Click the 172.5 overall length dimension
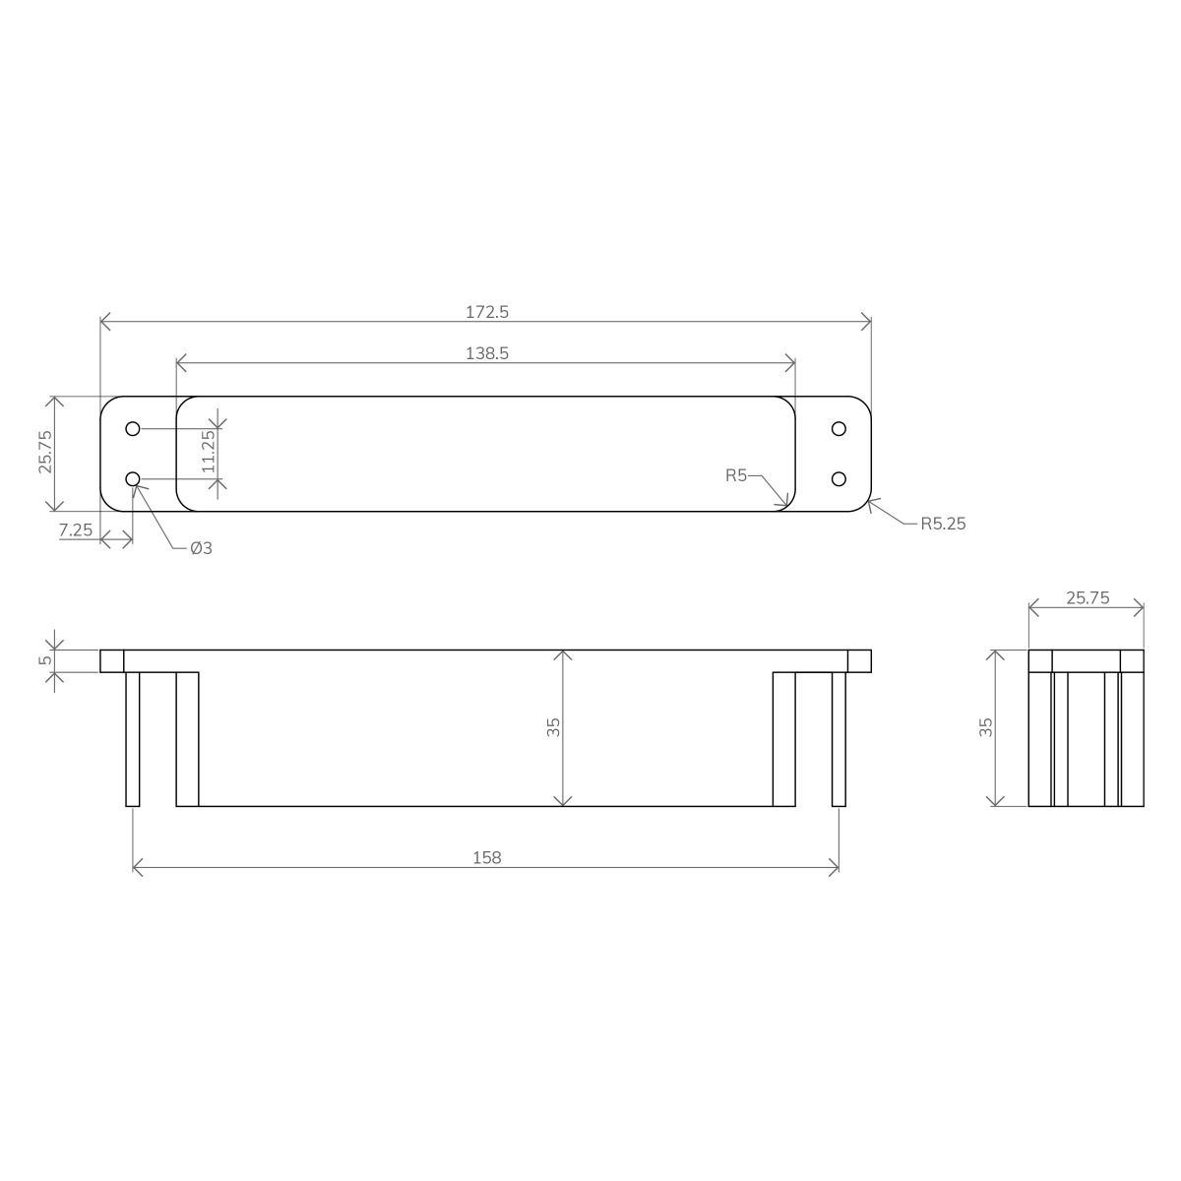pyautogui.click(x=486, y=312)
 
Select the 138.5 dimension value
pyautogui.click(x=486, y=353)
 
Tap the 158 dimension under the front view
pyautogui.click(x=486, y=857)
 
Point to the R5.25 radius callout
pyautogui.click(x=943, y=524)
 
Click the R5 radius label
pyautogui.click(x=736, y=475)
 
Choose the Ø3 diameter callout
pyautogui.click(x=201, y=548)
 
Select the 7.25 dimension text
pyautogui.click(x=76, y=529)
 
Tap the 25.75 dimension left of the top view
pyautogui.click(x=45, y=454)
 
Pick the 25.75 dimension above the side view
pyautogui.click(x=1087, y=596)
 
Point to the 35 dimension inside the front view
pyautogui.click(x=553, y=727)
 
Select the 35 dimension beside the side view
pyautogui.click(x=986, y=727)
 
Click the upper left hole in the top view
pyautogui.click(x=133, y=429)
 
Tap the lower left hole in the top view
pyautogui.click(x=133, y=478)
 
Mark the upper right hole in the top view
pyautogui.click(x=839, y=429)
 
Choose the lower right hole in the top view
pyautogui.click(x=839, y=478)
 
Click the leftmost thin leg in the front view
pyautogui.click(x=133, y=738)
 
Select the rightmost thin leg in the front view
pyautogui.click(x=839, y=738)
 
